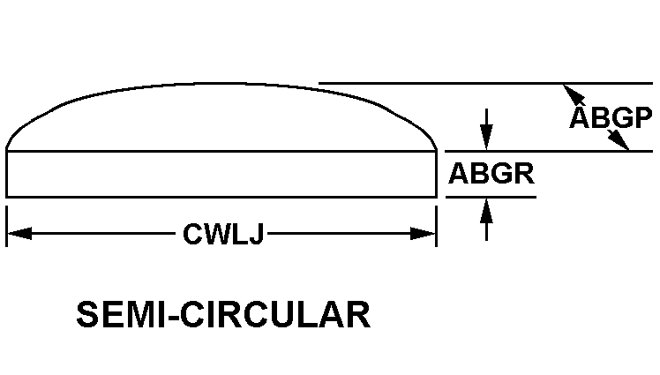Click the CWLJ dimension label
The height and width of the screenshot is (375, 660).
pyautogui.click(x=223, y=234)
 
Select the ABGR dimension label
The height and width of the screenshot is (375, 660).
pyautogui.click(x=491, y=174)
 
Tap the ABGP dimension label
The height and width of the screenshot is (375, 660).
pyautogui.click(x=611, y=117)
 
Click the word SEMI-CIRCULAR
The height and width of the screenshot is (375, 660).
pyautogui.click(x=223, y=314)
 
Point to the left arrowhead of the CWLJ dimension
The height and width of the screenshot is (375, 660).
pyautogui.click(x=19, y=233)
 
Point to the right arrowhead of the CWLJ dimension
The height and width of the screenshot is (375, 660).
pyautogui.click(x=423, y=233)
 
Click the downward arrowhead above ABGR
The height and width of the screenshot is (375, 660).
pyautogui.click(x=486, y=137)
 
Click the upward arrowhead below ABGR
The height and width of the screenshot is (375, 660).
pyautogui.click(x=486, y=210)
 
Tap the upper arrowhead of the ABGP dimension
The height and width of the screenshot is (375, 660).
pyautogui.click(x=574, y=94)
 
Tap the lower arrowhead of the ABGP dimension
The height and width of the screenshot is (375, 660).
pyautogui.click(x=618, y=139)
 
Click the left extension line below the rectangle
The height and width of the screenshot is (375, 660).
pyautogui.click(x=6, y=227)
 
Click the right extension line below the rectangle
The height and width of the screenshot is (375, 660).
pyautogui.click(x=437, y=227)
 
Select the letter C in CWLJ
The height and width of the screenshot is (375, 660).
pyautogui.click(x=192, y=234)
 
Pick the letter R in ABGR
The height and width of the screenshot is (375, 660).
pyautogui.click(x=524, y=174)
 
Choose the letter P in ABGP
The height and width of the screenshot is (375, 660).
pyautogui.click(x=643, y=117)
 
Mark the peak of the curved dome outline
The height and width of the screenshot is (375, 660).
pyautogui.click(x=221, y=84)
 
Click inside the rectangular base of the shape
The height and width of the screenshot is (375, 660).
pyautogui.click(x=221, y=174)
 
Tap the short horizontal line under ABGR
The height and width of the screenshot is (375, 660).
pyautogui.click(x=491, y=197)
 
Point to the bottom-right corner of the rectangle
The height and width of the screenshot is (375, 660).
pyautogui.click(x=437, y=197)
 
